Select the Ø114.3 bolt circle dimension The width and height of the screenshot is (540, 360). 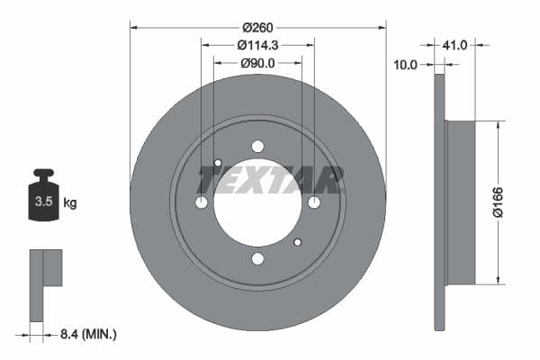pos(257,44)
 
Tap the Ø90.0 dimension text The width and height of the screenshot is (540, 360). pos(257,63)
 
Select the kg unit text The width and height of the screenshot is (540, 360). pos(70,203)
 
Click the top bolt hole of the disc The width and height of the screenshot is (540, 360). pos(258,147)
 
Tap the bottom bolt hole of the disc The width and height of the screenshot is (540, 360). pos(258,259)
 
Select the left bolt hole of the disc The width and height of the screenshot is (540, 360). pos(202,202)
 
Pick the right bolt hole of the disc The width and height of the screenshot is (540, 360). pos(314,202)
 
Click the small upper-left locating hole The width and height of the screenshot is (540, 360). pos(218,163)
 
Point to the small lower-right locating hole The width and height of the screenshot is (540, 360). pos(298,241)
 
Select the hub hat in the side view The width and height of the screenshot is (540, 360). pos(461,202)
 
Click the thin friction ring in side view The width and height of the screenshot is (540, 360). pos(439,202)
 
